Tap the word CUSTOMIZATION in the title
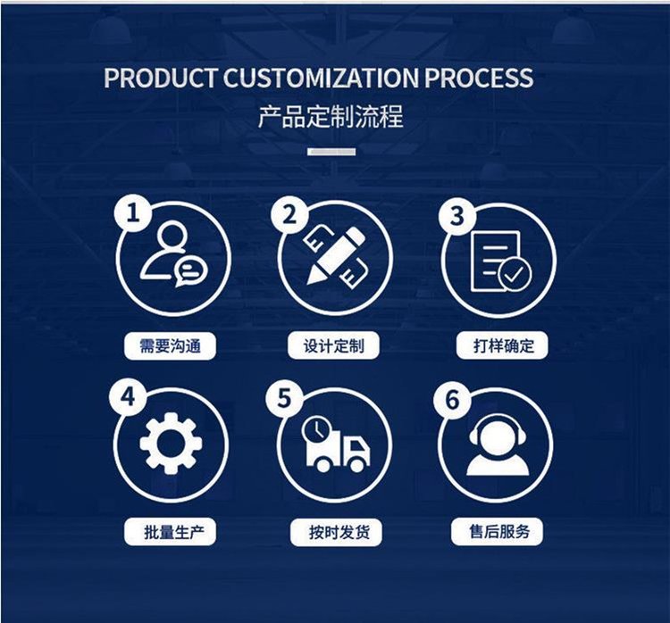click(x=321, y=78)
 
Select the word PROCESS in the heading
click(x=479, y=78)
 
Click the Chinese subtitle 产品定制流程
click(x=331, y=116)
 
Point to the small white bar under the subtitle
click(x=331, y=152)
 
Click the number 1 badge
click(x=133, y=212)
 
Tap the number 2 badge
click(x=289, y=214)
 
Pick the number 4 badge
click(x=128, y=397)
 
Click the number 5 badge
click(x=284, y=398)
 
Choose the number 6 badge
click(x=452, y=400)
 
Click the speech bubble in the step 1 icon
click(x=190, y=271)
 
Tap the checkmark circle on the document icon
click(x=515, y=274)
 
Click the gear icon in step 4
click(x=171, y=444)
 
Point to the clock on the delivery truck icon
click(x=316, y=429)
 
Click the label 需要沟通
click(x=170, y=345)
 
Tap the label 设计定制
click(x=334, y=345)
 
